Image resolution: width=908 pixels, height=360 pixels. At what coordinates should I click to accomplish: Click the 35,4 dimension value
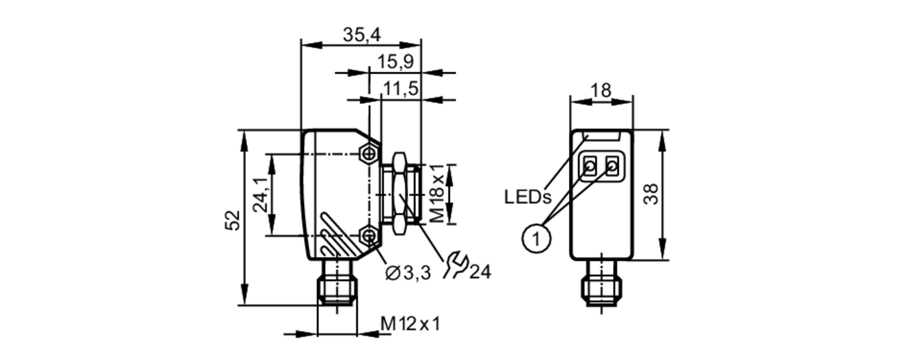click(x=361, y=35)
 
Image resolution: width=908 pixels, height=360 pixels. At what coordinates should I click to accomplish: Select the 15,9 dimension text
click(x=395, y=61)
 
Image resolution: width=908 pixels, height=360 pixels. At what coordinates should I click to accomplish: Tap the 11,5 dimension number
click(x=400, y=89)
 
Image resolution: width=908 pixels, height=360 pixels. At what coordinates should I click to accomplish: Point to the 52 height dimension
click(x=233, y=220)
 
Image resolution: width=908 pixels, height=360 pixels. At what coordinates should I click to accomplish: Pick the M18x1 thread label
click(x=437, y=194)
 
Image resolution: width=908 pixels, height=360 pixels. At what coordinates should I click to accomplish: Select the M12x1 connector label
click(x=410, y=324)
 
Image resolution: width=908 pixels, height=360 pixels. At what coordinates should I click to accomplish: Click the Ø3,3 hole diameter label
click(x=408, y=273)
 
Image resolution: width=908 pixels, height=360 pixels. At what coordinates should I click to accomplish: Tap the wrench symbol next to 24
click(x=455, y=266)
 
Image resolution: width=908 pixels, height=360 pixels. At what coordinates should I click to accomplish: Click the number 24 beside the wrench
click(x=480, y=272)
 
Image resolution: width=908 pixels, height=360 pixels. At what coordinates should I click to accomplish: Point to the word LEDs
click(x=528, y=197)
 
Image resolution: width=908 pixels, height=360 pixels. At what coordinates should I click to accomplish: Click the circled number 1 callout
click(x=537, y=237)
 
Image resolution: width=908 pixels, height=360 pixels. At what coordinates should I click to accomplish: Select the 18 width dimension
click(x=601, y=91)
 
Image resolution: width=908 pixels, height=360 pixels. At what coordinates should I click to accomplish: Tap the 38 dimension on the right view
click(x=651, y=194)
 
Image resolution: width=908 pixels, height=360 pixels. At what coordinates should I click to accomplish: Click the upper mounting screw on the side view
click(x=370, y=153)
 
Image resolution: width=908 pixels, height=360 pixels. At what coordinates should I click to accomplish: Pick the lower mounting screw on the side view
click(x=370, y=236)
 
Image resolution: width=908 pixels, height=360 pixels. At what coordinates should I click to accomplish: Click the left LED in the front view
click(x=590, y=167)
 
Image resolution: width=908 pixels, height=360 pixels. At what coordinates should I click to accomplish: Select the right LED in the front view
click(x=612, y=167)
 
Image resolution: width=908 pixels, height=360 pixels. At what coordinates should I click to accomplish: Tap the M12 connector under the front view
click(x=602, y=286)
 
